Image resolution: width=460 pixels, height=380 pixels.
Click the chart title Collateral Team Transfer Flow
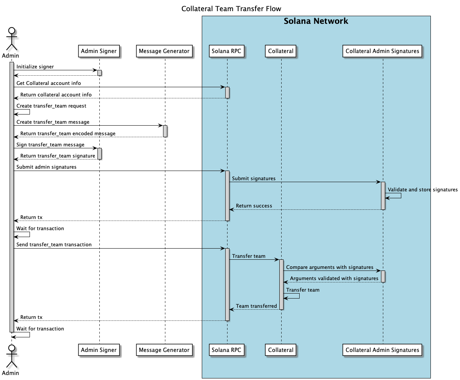click(x=231, y=9)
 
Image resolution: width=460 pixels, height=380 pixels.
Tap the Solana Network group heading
click(x=316, y=21)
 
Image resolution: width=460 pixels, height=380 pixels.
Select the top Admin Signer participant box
click(x=99, y=51)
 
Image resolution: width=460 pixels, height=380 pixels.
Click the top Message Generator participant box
click(x=164, y=51)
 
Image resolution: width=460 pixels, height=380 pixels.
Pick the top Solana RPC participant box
click(x=226, y=51)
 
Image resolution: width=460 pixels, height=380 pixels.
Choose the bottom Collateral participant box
click(x=281, y=350)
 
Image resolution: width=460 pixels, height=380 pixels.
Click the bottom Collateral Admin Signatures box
click(x=382, y=350)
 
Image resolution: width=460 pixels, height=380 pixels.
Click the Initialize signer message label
click(x=35, y=67)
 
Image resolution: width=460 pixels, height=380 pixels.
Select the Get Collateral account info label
click(x=48, y=83)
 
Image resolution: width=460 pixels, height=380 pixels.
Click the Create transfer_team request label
click(x=51, y=106)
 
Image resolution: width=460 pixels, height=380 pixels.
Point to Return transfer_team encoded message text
click(x=68, y=133)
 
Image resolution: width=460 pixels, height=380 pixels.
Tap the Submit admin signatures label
click(x=46, y=167)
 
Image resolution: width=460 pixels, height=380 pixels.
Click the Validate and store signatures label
click(x=422, y=189)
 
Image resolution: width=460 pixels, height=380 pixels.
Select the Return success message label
click(x=254, y=206)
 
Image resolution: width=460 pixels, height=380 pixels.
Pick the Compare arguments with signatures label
click(x=330, y=267)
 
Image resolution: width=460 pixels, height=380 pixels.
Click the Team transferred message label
click(x=256, y=306)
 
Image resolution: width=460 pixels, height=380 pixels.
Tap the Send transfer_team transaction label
click(x=54, y=244)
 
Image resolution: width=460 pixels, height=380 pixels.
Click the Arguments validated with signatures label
click(x=334, y=278)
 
